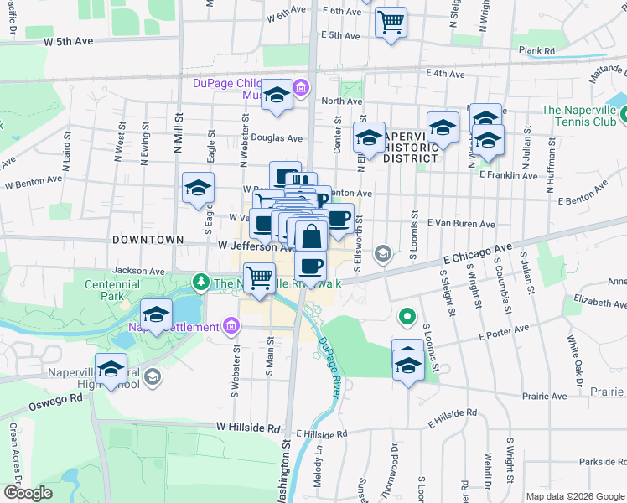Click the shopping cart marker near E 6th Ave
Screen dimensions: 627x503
click(391, 23)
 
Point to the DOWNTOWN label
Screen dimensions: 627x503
click(147, 240)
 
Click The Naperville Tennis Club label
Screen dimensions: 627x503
click(578, 116)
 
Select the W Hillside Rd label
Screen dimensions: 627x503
click(247, 428)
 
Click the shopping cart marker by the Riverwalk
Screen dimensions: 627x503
click(260, 277)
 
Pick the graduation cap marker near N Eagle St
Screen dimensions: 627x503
click(198, 189)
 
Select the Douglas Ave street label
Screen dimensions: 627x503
click(277, 137)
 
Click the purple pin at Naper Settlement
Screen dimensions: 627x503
click(231, 326)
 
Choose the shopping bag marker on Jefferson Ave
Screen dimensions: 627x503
click(311, 236)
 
